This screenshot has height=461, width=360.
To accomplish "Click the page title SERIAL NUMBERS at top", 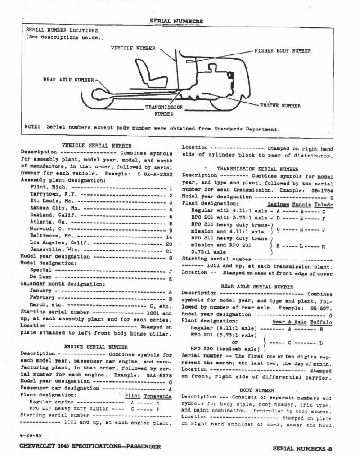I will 176,21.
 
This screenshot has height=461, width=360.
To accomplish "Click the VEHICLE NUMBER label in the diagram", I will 133,47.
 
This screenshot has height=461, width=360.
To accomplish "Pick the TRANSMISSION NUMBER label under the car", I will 164,111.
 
